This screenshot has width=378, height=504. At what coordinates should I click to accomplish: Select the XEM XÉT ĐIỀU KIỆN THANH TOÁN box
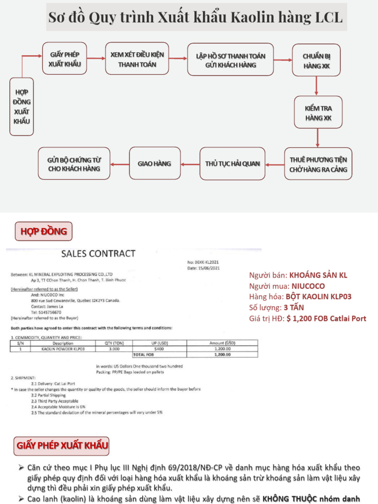click(x=137, y=59)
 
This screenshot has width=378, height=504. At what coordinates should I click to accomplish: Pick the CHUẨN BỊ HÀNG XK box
click(x=316, y=60)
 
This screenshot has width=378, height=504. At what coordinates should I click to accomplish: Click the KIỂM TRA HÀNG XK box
click(x=318, y=113)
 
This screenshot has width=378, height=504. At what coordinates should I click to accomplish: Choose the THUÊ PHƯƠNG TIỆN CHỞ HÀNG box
click(x=318, y=164)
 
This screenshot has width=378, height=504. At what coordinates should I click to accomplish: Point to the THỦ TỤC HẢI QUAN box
click(x=232, y=163)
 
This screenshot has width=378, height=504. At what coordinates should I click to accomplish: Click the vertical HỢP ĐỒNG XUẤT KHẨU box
click(x=22, y=107)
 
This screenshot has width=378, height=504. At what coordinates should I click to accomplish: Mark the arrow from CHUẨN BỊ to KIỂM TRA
click(x=316, y=86)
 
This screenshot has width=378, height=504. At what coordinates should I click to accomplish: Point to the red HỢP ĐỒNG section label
click(x=43, y=231)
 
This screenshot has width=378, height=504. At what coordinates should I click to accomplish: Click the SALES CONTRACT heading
click(x=98, y=254)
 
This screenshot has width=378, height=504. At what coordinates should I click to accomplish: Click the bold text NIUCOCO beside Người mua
click(x=307, y=285)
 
